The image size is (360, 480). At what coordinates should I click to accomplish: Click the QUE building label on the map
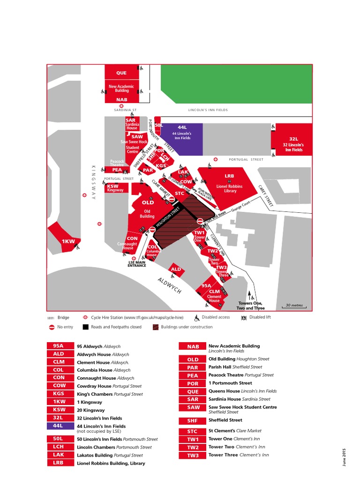[121, 73]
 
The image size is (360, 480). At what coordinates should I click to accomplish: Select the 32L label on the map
[293, 139]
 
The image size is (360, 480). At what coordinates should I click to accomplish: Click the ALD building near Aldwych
[176, 270]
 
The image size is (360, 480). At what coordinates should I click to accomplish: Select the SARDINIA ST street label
[125, 110]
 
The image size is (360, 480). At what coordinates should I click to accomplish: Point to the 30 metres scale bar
[295, 306]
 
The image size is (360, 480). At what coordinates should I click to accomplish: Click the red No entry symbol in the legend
[52, 327]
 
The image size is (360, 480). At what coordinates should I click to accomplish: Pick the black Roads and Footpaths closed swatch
[85, 327]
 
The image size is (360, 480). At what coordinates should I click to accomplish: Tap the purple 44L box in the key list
[60, 426]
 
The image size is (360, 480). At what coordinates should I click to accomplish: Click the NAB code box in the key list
[193, 346]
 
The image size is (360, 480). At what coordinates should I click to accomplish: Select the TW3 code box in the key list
[193, 456]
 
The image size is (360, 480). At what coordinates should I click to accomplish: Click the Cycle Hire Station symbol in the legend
[85, 317]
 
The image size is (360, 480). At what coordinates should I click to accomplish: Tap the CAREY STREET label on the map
[266, 195]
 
